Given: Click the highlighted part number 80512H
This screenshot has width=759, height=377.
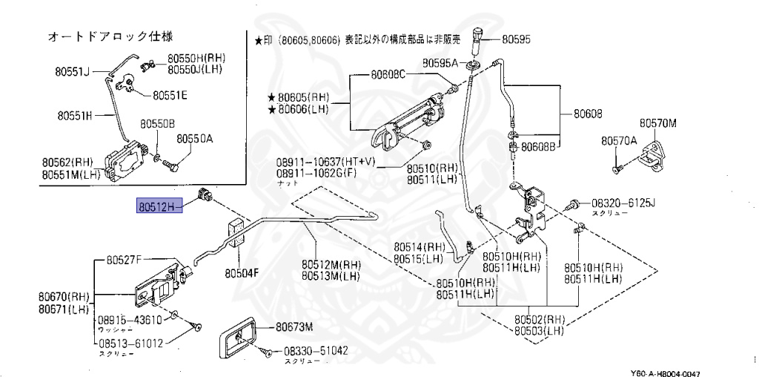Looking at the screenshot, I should pyautogui.click(x=156, y=206).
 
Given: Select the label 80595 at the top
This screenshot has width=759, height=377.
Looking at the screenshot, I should pyautogui.click(x=516, y=38).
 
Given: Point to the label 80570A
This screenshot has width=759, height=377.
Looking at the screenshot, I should pyautogui.click(x=619, y=140).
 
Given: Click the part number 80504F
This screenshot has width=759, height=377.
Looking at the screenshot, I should pyautogui.click(x=242, y=273).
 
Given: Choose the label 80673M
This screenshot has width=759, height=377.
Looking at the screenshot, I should pyautogui.click(x=294, y=327).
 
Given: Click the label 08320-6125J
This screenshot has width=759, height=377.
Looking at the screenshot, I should pyautogui.click(x=623, y=202).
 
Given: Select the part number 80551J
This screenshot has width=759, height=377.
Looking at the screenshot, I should pyautogui.click(x=71, y=72).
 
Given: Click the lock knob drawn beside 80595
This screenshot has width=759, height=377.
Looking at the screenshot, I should pyautogui.click(x=478, y=36).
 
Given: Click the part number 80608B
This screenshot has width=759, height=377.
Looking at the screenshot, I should pyautogui.click(x=538, y=147).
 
